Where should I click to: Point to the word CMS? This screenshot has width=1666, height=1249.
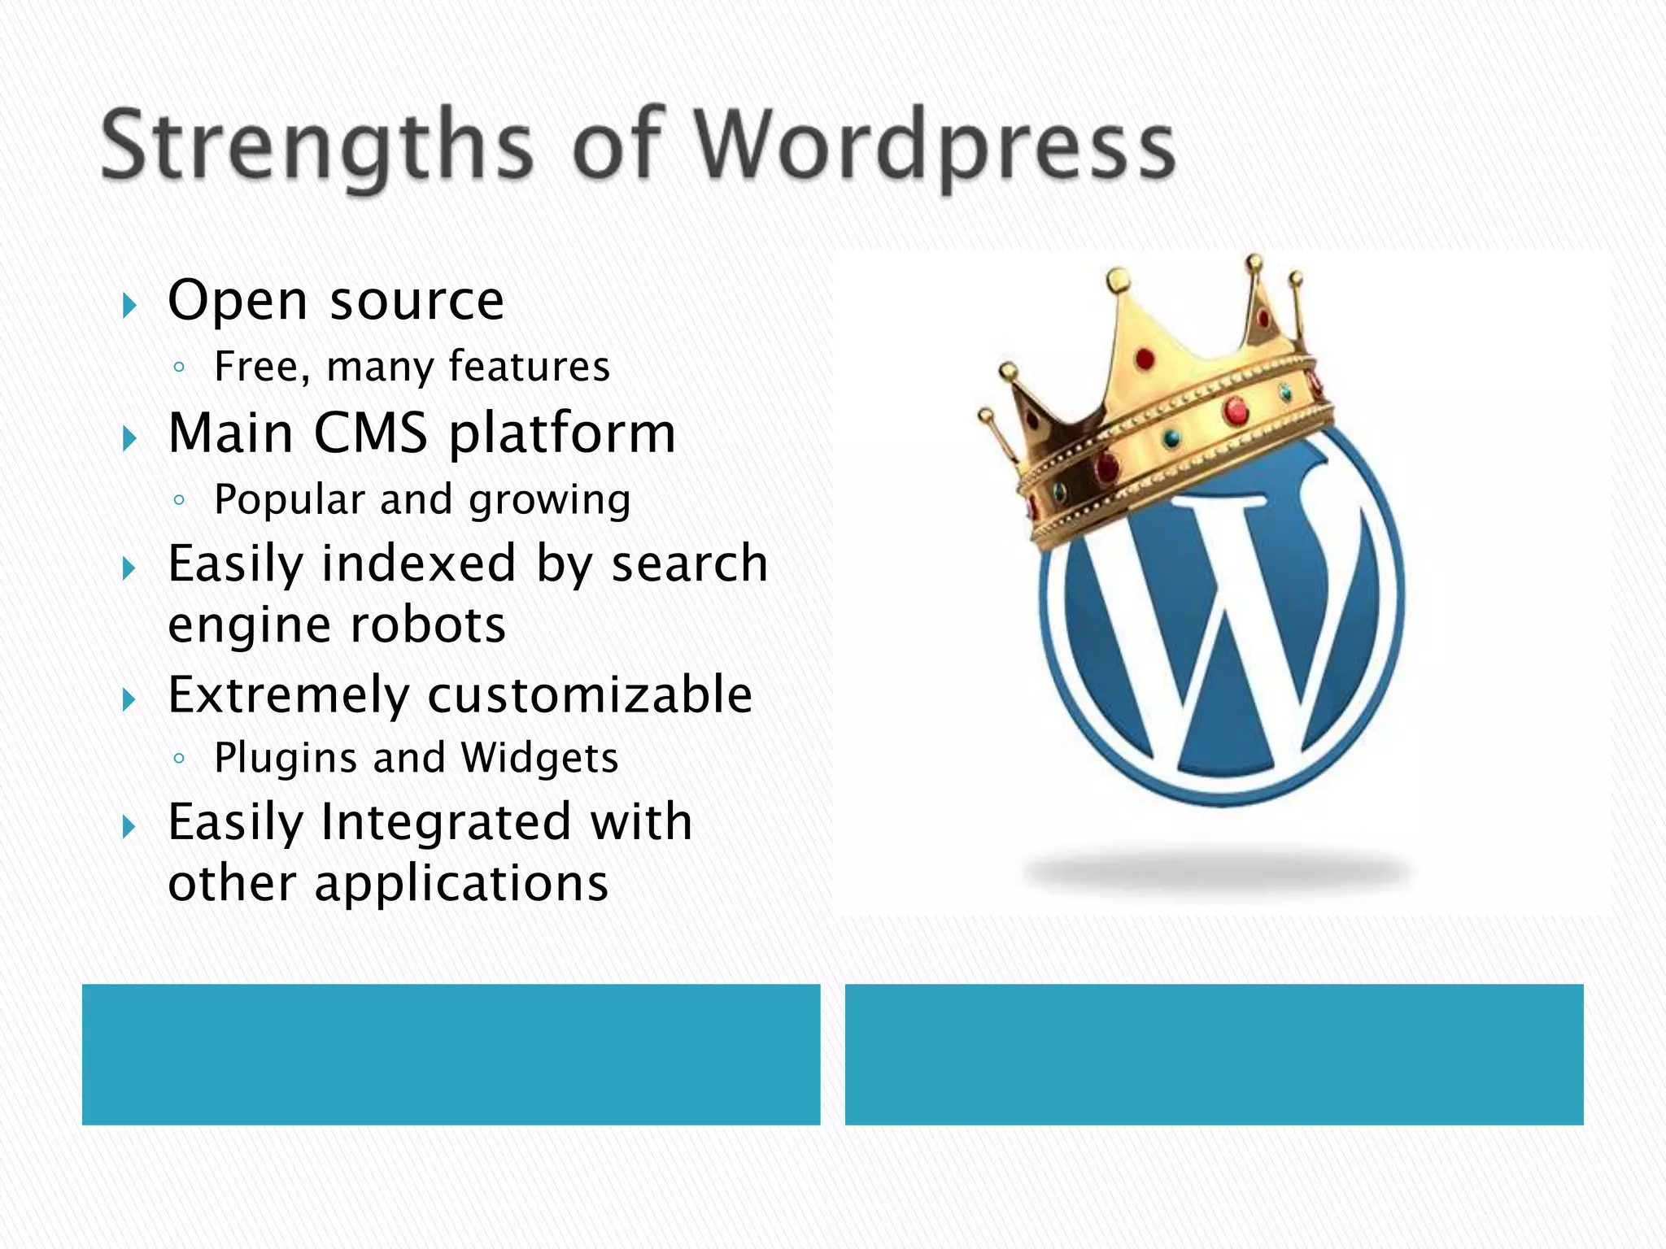click(x=371, y=433)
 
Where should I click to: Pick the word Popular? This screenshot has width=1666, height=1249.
click(x=289, y=500)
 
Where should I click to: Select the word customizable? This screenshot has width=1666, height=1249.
click(x=590, y=695)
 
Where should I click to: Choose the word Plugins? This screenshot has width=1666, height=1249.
click(x=286, y=759)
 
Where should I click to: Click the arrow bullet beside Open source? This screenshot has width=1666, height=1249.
click(x=129, y=307)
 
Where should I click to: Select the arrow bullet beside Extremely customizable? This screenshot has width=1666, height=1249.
click(x=129, y=699)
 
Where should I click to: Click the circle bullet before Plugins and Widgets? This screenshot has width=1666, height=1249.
click(x=179, y=759)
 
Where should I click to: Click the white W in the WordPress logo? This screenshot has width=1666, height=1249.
click(x=1220, y=618)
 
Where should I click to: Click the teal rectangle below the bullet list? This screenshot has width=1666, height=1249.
click(x=451, y=1054)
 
